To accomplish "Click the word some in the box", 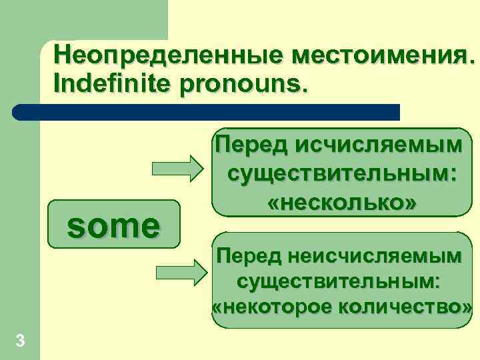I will click(113, 226).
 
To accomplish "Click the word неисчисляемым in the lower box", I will click(386, 255).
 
